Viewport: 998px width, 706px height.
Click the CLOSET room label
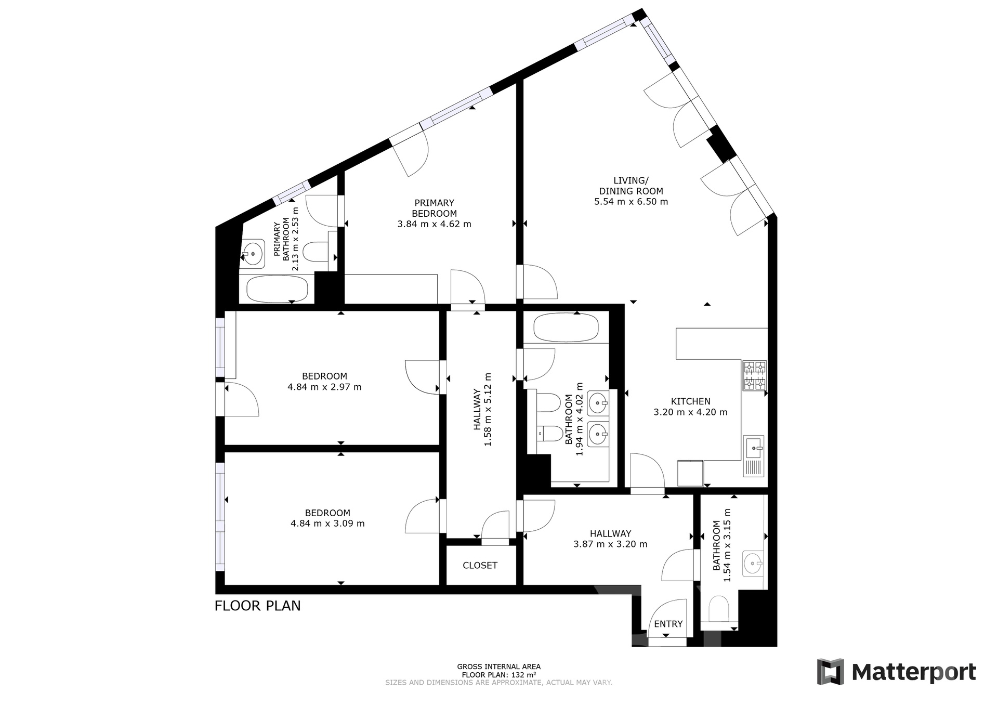pyautogui.click(x=480, y=565)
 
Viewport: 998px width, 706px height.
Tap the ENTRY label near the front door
pyautogui.click(x=668, y=624)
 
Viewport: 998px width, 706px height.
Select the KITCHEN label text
pyautogui.click(x=690, y=401)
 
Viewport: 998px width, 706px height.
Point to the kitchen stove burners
pyautogui.click(x=754, y=376)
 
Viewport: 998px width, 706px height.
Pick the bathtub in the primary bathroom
pyautogui.click(x=277, y=289)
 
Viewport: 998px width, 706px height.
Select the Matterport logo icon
pyautogui.click(x=830, y=672)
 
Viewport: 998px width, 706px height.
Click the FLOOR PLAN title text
pyautogui.click(x=258, y=606)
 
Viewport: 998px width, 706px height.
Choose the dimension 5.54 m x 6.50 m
pyautogui.click(x=631, y=202)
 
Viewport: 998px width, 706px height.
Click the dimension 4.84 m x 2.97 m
pyautogui.click(x=324, y=387)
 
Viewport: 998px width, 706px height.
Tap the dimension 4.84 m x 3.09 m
pyautogui.click(x=327, y=524)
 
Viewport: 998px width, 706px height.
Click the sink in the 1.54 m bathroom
pyautogui.click(x=753, y=563)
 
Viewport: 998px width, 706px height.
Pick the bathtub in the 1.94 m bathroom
pyautogui.click(x=566, y=326)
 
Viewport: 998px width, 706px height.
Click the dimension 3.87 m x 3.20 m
pyautogui.click(x=610, y=544)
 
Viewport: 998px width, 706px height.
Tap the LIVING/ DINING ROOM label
pyautogui.click(x=631, y=186)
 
